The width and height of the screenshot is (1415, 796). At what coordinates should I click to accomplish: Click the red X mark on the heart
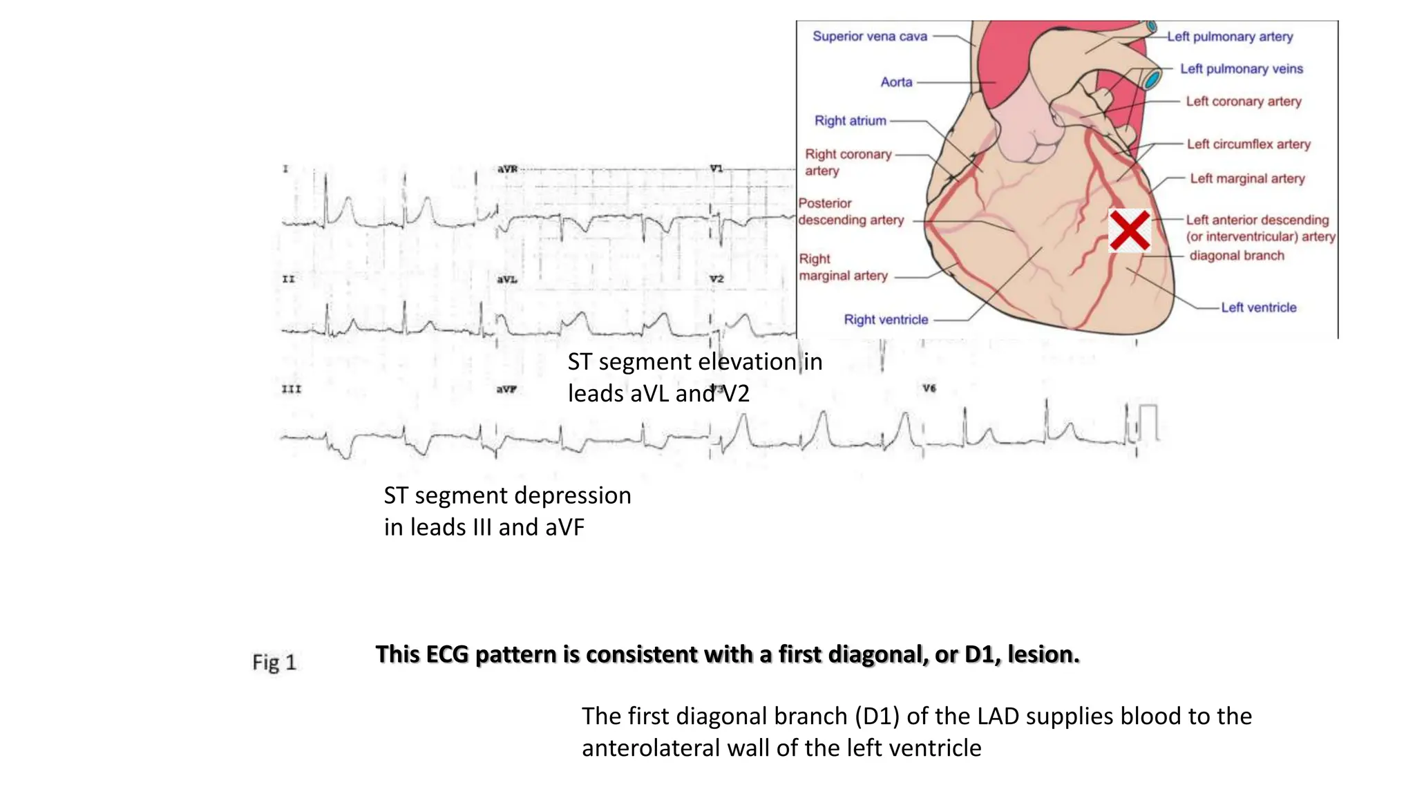pos(1129,231)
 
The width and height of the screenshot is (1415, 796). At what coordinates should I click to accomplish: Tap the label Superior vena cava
pos(869,36)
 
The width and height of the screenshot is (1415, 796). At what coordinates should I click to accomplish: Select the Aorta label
pos(896,82)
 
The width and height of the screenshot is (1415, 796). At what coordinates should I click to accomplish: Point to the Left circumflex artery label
pos(1248,144)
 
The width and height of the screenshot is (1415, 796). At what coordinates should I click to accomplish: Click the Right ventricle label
pos(886,320)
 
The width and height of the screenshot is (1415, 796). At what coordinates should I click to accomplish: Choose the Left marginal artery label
pos(1246,179)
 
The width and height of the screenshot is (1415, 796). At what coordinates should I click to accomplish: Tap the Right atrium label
pos(850,121)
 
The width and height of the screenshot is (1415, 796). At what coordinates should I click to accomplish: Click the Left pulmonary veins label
pos(1241,69)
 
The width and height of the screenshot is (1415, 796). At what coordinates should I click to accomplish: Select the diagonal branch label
pos(1236,256)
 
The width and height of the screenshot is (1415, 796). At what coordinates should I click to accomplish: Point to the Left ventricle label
pos(1258,307)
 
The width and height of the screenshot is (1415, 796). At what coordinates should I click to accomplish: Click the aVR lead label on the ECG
pos(507,169)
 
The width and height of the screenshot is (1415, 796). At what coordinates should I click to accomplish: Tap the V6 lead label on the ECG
pos(929,389)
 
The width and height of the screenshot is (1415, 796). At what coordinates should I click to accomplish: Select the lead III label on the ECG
pos(292,390)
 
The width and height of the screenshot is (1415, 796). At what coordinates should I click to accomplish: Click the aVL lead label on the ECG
pos(507,280)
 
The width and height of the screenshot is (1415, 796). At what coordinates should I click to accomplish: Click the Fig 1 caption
pos(274,662)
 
